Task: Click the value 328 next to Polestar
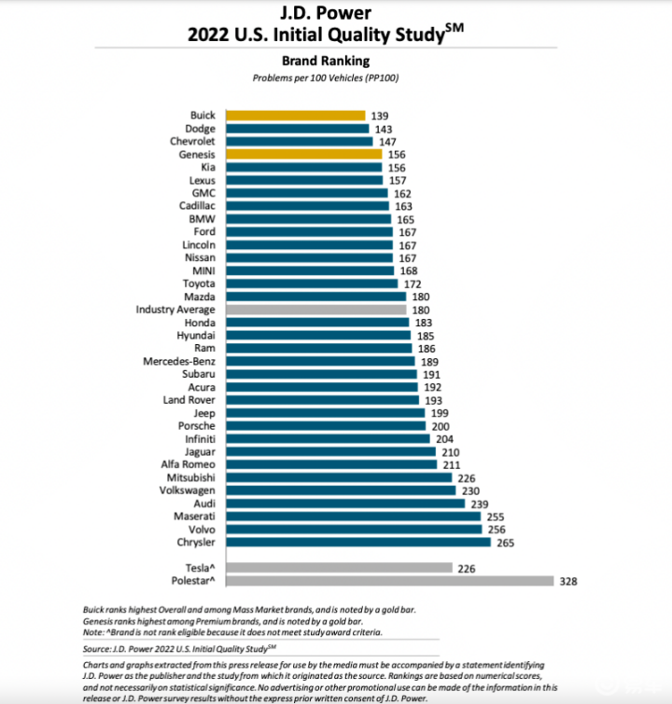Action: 568,580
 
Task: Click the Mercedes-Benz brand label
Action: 179,361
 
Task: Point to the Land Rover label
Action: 189,399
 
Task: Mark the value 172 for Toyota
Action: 412,283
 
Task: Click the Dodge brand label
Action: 201,129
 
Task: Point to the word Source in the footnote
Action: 97,646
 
